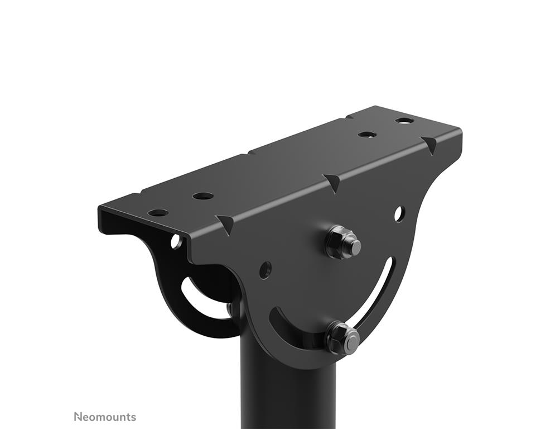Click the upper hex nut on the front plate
point(344,242)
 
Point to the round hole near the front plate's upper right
point(399,214)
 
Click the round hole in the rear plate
point(176,242)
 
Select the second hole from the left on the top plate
point(202,196)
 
